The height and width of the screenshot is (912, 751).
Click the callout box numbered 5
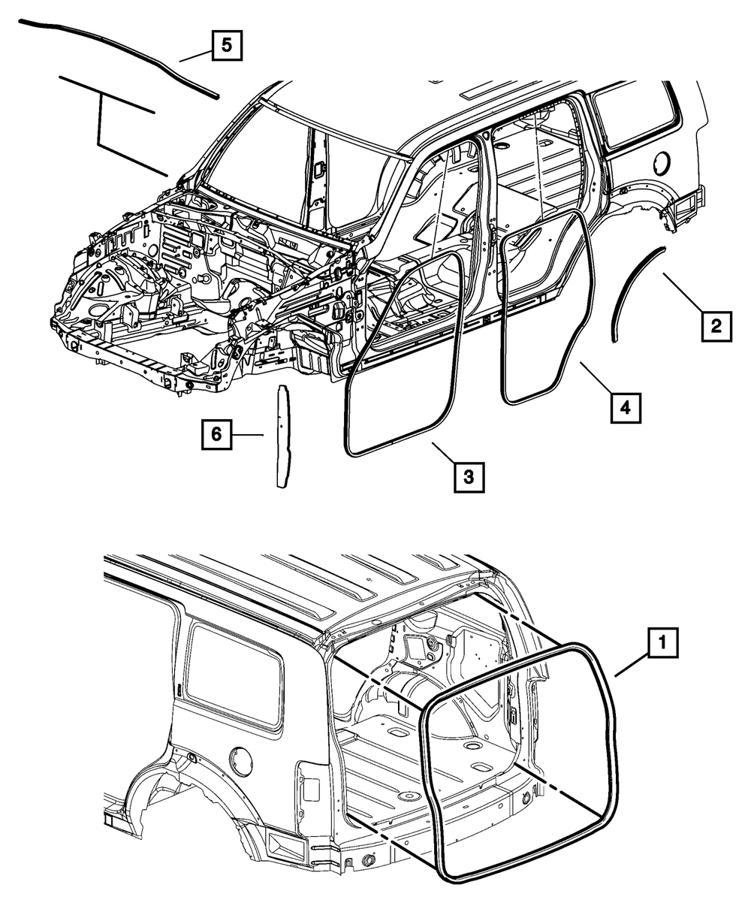[x=227, y=47]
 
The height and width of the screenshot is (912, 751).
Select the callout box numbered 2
[x=716, y=326]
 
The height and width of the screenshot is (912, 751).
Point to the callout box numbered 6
[x=216, y=434]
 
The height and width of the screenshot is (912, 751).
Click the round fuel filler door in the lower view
[x=240, y=761]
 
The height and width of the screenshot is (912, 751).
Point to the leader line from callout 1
[x=632, y=663]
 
